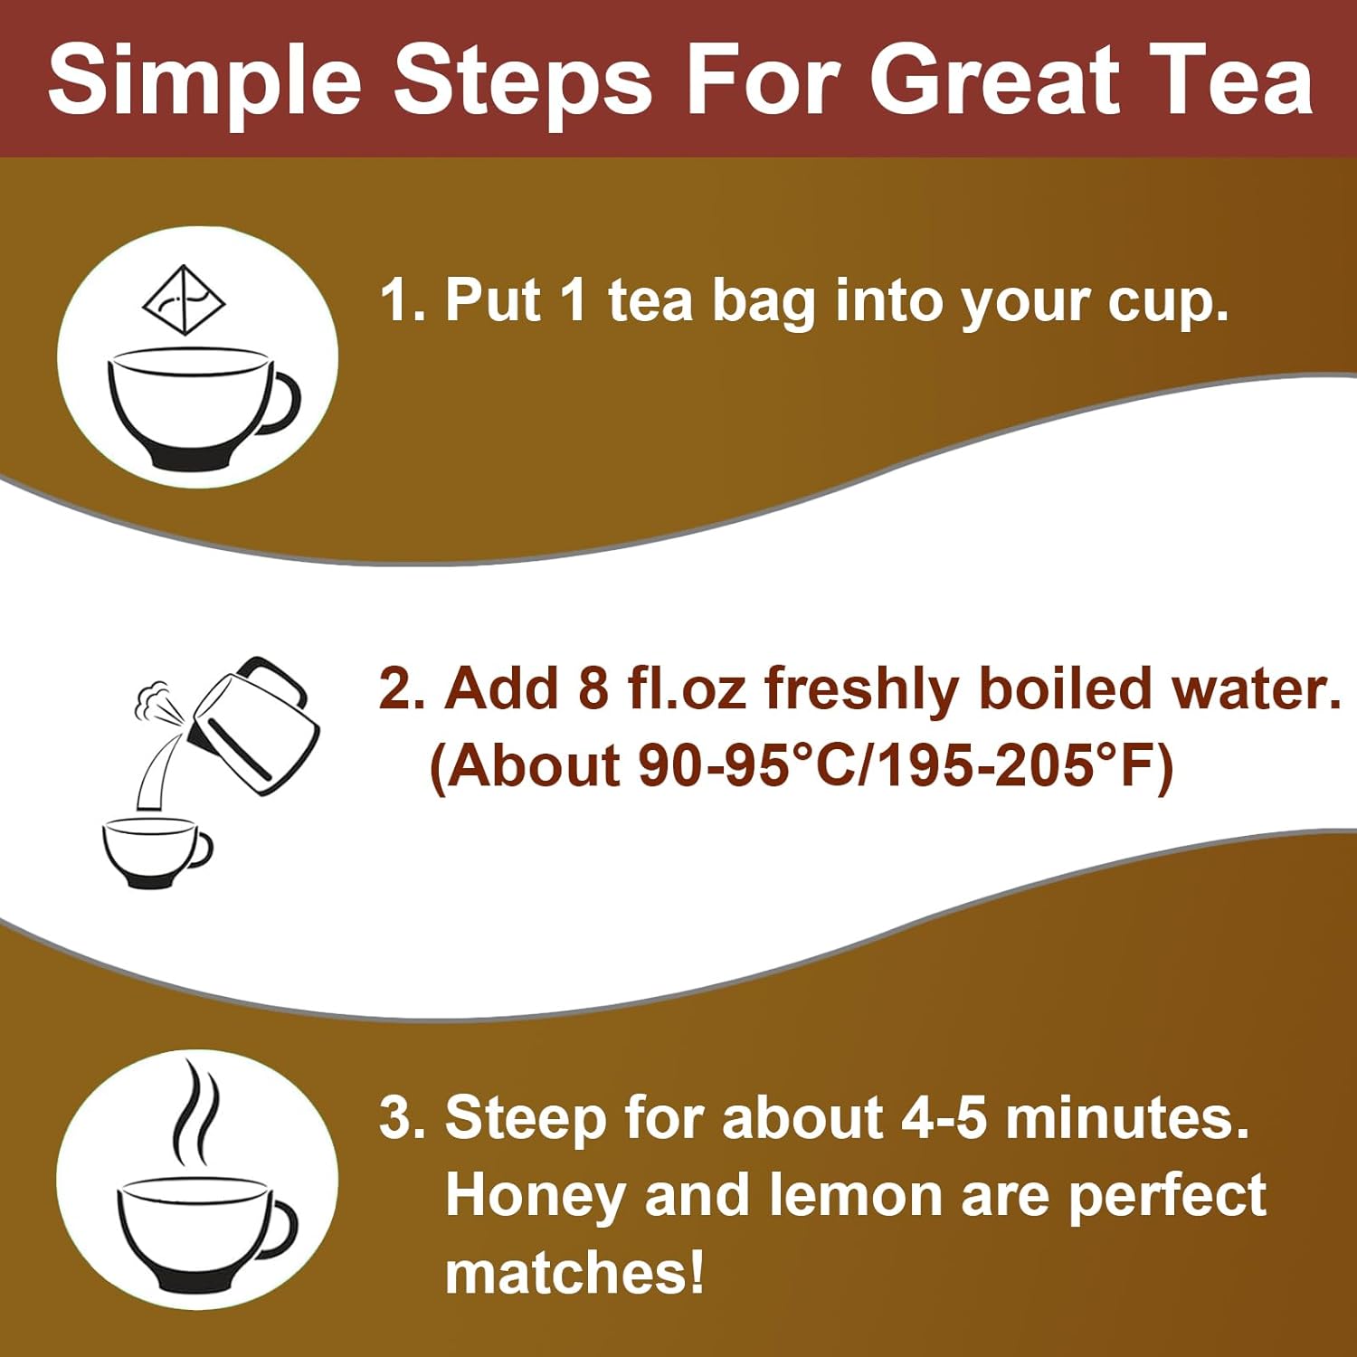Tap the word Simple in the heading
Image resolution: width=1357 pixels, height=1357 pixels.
[204, 81]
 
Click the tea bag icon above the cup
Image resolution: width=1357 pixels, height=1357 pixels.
[185, 299]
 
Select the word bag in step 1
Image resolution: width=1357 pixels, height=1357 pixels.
[764, 303]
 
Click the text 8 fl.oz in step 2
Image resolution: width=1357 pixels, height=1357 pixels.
[661, 689]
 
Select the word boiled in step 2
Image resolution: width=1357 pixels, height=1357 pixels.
[1067, 689]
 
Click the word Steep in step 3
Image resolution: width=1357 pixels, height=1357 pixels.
[525, 1120]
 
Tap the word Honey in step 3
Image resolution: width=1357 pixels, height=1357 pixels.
[534, 1197]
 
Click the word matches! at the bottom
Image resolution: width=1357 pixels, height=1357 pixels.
[574, 1273]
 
